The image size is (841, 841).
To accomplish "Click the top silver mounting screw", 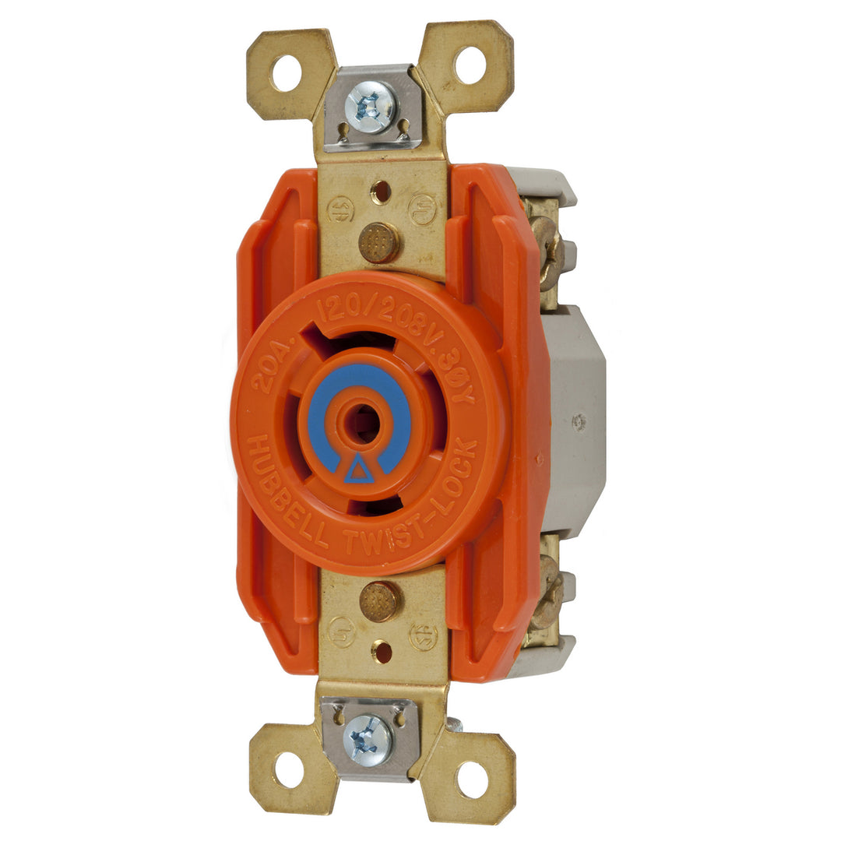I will pyautogui.click(x=371, y=107).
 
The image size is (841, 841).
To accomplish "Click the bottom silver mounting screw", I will pyautogui.click(x=368, y=738).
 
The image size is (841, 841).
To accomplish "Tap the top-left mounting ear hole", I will pyautogui.click(x=286, y=73).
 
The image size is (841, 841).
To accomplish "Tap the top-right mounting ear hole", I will pyautogui.click(x=470, y=65).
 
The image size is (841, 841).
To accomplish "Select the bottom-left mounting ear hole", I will pyautogui.click(x=289, y=769).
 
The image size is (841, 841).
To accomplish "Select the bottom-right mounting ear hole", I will pyautogui.click(x=472, y=780).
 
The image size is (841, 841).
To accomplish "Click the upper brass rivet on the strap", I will pyautogui.click(x=379, y=242).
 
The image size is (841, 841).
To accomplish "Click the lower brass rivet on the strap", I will pyautogui.click(x=381, y=600).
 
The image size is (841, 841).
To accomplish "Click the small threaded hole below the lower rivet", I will pyautogui.click(x=382, y=651).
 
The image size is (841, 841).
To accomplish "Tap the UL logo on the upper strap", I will pyautogui.click(x=424, y=209).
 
